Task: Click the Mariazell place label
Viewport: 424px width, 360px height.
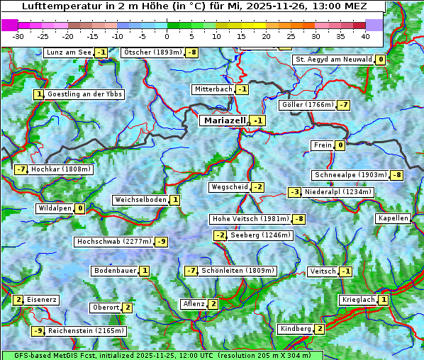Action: pyautogui.click(x=225, y=120)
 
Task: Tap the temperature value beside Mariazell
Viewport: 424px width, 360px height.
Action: pyautogui.click(x=258, y=121)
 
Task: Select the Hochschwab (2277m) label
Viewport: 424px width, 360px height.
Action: pyautogui.click(x=114, y=242)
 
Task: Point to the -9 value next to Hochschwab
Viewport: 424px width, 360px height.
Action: pyautogui.click(x=162, y=242)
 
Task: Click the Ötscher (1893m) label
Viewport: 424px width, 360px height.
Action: pyautogui.click(x=152, y=52)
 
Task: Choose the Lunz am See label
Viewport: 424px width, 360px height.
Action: pyautogui.click(x=69, y=52)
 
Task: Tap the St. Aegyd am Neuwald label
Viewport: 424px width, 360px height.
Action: pyautogui.click(x=333, y=60)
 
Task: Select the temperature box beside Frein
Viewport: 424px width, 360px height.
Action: pyautogui.click(x=340, y=146)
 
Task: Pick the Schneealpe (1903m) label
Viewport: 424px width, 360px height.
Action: pyautogui.click(x=350, y=175)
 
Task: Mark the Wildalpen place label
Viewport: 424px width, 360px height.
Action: pyautogui.click(x=55, y=208)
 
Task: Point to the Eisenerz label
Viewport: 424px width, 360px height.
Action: pyautogui.click(x=42, y=300)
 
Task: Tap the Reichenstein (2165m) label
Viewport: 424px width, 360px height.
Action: pyautogui.click(x=87, y=330)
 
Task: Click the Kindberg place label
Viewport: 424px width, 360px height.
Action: pyautogui.click(x=295, y=329)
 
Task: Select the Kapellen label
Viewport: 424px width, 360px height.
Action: pyautogui.click(x=394, y=218)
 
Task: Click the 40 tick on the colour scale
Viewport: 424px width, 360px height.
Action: pyautogui.click(x=365, y=35)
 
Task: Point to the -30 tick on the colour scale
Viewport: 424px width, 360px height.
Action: pyautogui.click(x=18, y=35)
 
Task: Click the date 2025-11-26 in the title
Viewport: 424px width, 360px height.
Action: pyautogui.click(x=287, y=6)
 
